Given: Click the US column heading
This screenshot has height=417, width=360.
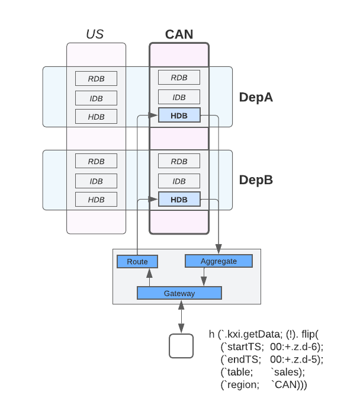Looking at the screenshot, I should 95,34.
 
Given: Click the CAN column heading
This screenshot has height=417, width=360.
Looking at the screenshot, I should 179,34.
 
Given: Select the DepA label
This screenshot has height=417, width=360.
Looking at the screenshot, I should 256,97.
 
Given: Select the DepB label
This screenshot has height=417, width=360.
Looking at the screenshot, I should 256,179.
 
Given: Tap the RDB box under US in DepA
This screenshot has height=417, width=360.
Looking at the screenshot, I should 96,78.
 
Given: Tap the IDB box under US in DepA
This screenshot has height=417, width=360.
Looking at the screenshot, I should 96,98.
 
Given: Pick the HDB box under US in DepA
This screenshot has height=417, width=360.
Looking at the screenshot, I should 96,117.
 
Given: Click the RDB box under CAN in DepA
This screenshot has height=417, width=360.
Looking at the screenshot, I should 179,78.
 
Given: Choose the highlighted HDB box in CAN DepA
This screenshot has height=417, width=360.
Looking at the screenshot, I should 179,116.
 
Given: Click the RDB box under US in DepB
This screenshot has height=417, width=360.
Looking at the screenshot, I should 96,161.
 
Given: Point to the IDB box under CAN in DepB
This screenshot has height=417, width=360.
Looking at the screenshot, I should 179,181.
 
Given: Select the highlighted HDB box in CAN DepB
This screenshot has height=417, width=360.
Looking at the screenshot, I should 179,200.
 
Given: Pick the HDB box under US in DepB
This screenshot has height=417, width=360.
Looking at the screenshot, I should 96,200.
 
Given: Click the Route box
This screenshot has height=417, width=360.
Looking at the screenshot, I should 137,261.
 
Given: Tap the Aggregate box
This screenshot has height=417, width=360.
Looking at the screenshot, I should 218,261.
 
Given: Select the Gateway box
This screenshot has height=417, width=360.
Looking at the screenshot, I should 179,293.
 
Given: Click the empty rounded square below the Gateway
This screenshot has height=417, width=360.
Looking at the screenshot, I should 181,346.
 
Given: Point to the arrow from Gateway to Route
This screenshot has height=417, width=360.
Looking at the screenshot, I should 150,277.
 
